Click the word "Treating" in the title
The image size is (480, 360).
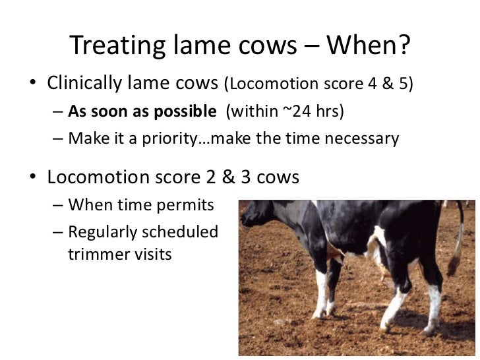pyautogui.click(x=116, y=45)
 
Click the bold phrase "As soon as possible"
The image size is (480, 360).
pyautogui.click(x=142, y=111)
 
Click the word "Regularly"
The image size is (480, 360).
pyautogui.click(x=108, y=232)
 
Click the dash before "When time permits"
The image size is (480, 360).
pyautogui.click(x=58, y=206)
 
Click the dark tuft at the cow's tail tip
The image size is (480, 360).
pyautogui.click(x=454, y=265)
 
